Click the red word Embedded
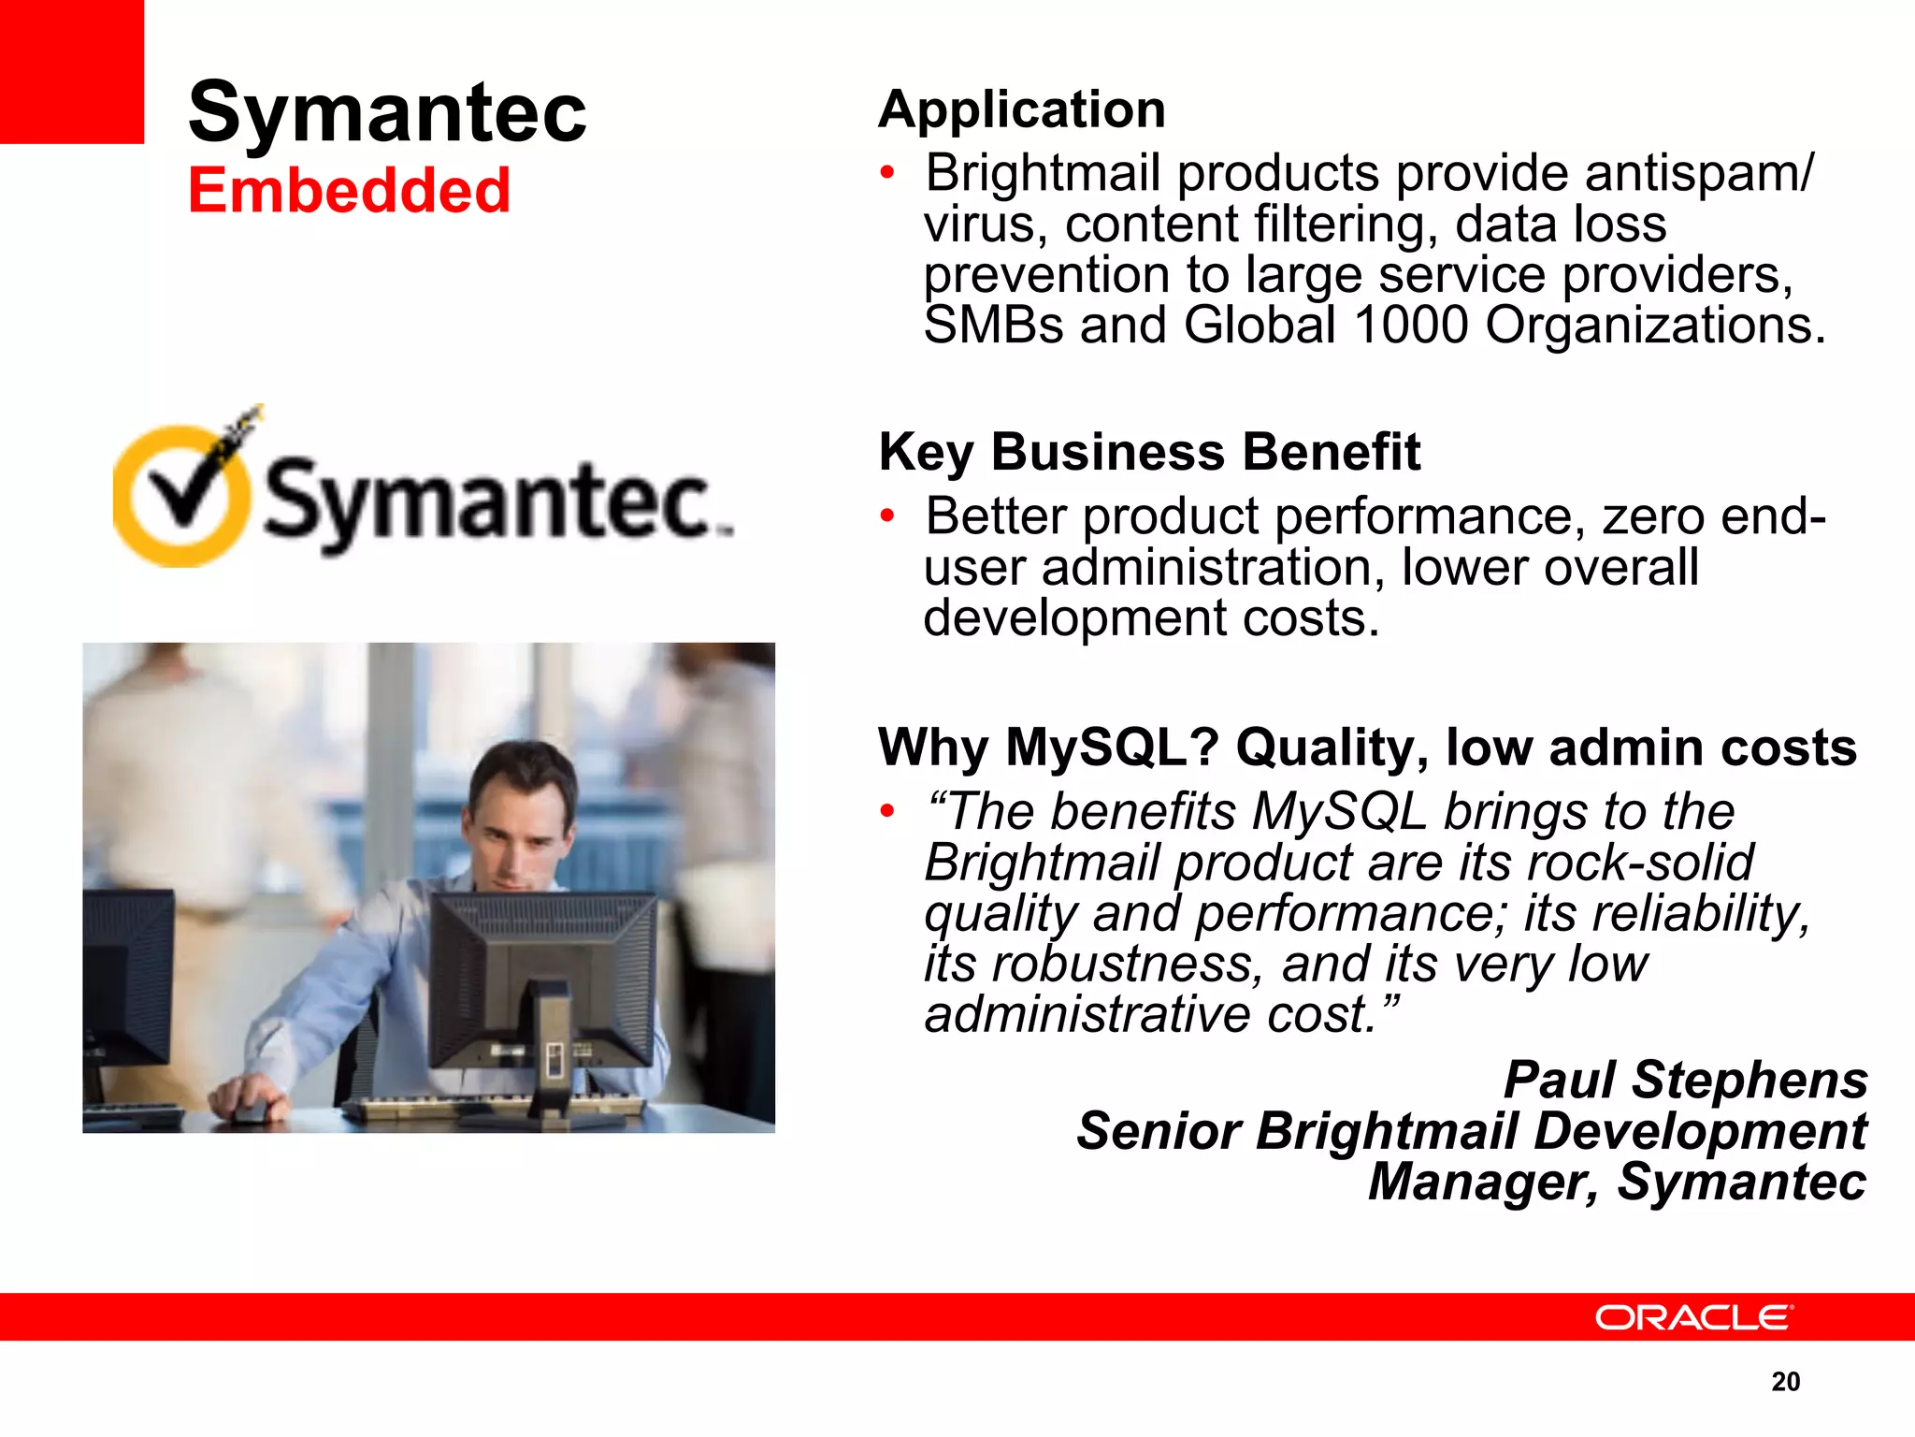coord(349,191)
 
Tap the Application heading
coord(1022,109)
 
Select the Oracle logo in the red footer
coord(1692,1317)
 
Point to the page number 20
coord(1785,1382)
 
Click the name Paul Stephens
coord(1685,1080)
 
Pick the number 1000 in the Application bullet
coord(1411,326)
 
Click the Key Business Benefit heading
coord(1149,453)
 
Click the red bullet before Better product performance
coord(887,515)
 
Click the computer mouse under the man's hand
coord(251,1110)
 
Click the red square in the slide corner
coord(71,71)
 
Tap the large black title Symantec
coord(387,112)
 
